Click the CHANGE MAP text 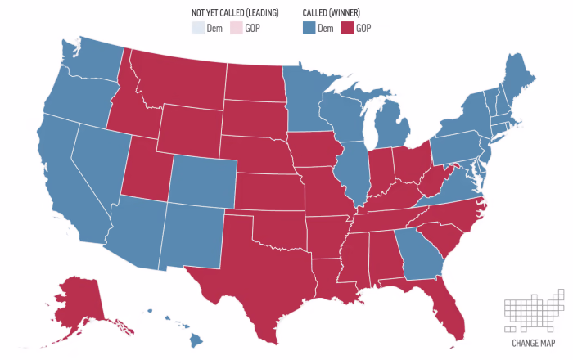534,343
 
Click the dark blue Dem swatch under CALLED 309,28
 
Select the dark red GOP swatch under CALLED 346,28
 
